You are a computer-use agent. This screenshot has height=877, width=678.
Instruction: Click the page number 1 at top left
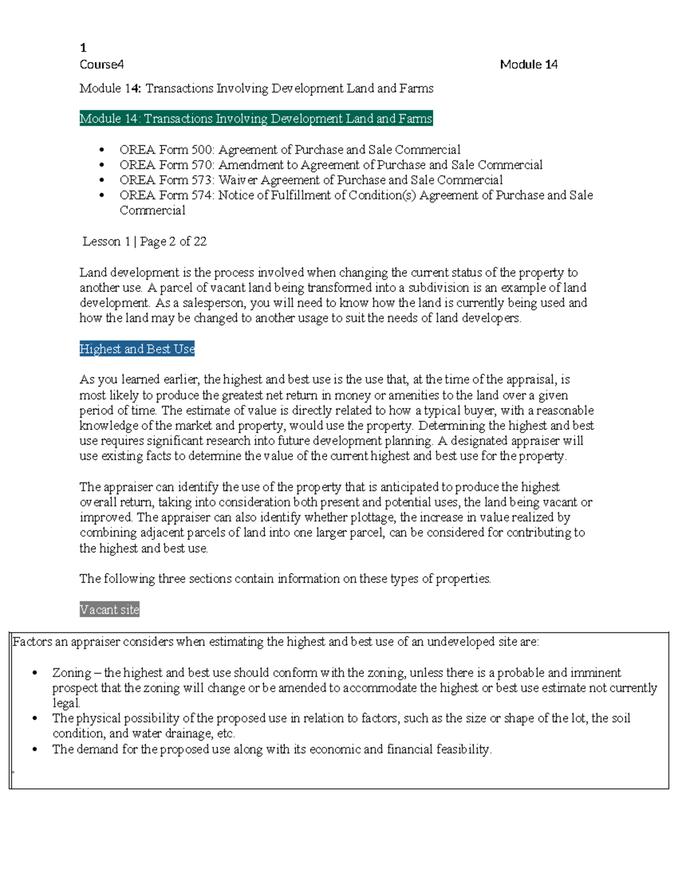pyautogui.click(x=83, y=48)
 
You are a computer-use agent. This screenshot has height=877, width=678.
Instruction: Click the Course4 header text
pyautogui.click(x=102, y=64)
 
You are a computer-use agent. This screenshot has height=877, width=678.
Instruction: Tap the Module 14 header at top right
pyautogui.click(x=528, y=64)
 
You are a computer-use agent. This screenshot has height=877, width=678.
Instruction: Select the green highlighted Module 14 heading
pyautogui.click(x=256, y=119)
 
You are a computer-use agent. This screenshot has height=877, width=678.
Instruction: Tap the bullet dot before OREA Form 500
pyautogui.click(x=102, y=150)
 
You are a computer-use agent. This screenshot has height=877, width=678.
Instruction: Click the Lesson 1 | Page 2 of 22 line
pyautogui.click(x=145, y=242)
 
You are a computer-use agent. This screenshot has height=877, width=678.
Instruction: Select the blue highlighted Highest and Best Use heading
pyautogui.click(x=137, y=349)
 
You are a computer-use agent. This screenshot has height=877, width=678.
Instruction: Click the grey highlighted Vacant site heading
pyautogui.click(x=110, y=610)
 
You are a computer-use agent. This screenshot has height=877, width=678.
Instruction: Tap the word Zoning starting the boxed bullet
pyautogui.click(x=72, y=673)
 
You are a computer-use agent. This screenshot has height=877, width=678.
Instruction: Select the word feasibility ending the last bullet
pyautogui.click(x=463, y=749)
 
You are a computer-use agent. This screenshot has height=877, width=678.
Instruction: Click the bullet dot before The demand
pyautogui.click(x=35, y=750)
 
